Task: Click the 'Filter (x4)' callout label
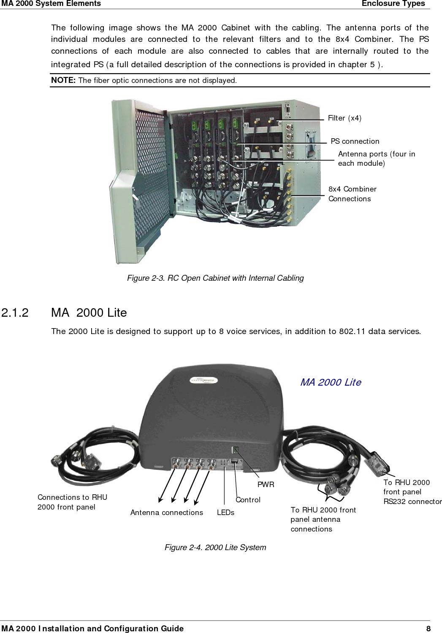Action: coord(344,118)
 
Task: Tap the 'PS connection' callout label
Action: coord(355,141)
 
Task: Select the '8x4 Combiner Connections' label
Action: coord(352,194)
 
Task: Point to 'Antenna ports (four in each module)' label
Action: coord(376,159)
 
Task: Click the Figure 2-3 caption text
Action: coord(215,278)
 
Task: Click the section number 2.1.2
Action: coord(15,313)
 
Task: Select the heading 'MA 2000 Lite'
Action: coord(89,313)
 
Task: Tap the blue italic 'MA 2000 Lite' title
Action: coord(331,382)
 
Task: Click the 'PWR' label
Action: coord(266,485)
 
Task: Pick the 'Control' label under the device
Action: coord(248,500)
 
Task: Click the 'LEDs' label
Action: coord(225,512)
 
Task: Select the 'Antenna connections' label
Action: coord(166,512)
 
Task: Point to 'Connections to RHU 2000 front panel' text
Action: coord(72,502)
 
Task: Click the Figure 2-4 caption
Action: coord(215,547)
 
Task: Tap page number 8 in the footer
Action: coord(428,628)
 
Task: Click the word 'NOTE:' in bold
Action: coord(63,80)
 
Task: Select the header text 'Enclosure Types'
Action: coord(393,4)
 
